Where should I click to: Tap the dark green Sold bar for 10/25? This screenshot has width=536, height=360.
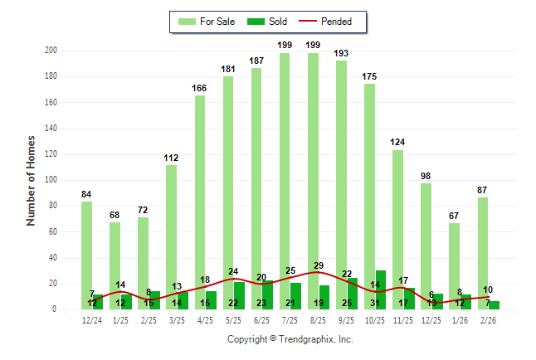380,290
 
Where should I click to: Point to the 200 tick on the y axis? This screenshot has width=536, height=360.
51,51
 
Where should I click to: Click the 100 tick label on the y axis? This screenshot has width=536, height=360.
51,180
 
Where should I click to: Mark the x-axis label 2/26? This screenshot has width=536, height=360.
489,320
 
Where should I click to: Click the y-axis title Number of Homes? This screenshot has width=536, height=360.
32,180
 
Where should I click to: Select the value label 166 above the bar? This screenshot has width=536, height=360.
200,88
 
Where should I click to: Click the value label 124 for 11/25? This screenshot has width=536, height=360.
398,142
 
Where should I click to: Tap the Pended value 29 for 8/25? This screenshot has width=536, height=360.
319,265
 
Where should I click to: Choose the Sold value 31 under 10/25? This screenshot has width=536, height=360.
375,304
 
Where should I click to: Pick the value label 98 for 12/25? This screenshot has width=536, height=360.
426,176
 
